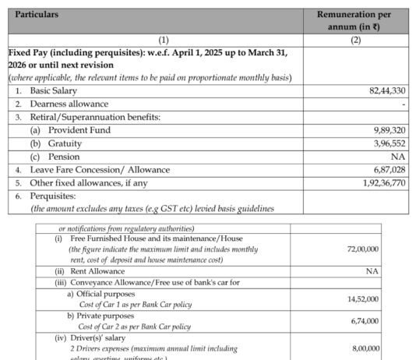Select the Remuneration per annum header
coord(360,20)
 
